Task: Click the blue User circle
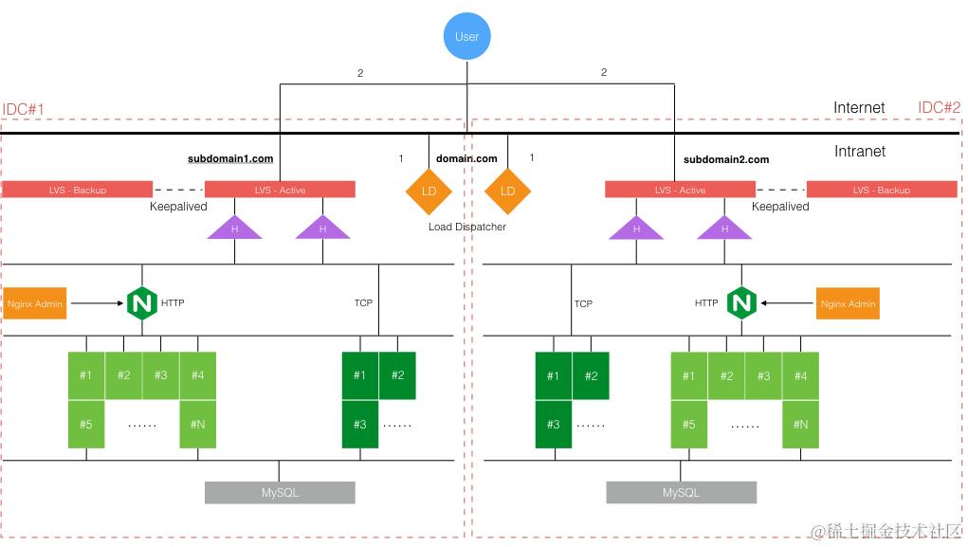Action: pos(467,36)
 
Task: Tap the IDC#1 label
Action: pos(24,110)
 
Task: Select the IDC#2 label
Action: pos(939,108)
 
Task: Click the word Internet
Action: pos(859,108)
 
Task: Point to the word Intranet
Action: pos(859,152)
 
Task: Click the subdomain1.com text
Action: pos(230,159)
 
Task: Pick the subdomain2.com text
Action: pos(726,159)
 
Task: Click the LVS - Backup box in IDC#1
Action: pos(78,190)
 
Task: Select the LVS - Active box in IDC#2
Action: pos(680,190)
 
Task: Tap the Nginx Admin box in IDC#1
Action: pos(35,303)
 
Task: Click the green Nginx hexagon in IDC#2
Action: pos(741,303)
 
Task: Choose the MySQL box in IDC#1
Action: pos(280,492)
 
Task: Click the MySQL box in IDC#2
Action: pos(681,492)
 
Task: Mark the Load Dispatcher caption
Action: pos(467,227)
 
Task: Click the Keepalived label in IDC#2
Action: pos(780,207)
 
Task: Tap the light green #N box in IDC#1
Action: pos(197,424)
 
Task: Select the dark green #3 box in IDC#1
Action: pos(359,424)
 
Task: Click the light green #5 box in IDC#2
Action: pos(688,424)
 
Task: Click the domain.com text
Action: pos(466,158)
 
